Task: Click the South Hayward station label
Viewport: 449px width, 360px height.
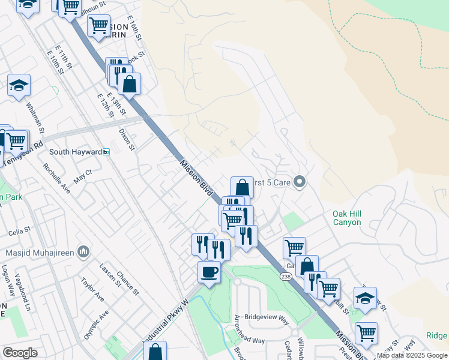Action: tap(76, 152)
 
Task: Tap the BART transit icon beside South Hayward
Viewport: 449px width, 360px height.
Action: tap(106, 152)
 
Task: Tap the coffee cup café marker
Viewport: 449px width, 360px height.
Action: tap(209, 272)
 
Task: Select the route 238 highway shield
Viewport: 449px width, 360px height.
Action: tap(286, 275)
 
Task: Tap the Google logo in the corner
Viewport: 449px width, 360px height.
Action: tap(20, 352)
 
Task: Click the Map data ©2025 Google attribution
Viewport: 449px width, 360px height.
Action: tap(412, 355)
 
